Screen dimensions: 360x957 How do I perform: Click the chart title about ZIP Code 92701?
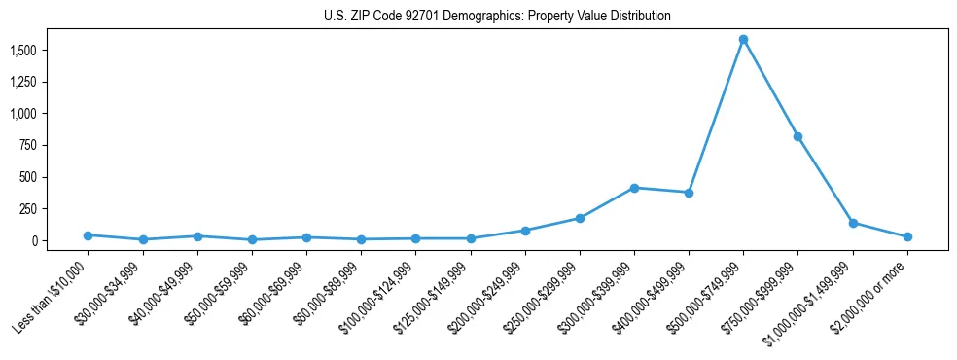pos(497,17)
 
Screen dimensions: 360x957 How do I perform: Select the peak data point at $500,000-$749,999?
pos(743,40)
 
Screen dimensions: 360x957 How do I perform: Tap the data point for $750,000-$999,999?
pos(797,137)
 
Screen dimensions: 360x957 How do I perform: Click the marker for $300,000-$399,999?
pos(634,188)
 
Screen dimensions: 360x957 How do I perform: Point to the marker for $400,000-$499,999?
pos(689,193)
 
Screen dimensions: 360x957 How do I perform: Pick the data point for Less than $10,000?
pos(89,235)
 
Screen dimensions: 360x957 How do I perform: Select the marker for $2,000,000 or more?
pos(907,236)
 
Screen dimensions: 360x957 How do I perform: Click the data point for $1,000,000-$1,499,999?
pos(853,223)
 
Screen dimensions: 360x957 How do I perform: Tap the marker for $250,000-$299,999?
pos(580,218)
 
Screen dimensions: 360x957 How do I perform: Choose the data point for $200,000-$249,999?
pos(525,231)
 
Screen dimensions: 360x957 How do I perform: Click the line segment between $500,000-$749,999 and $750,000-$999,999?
pos(770,89)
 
